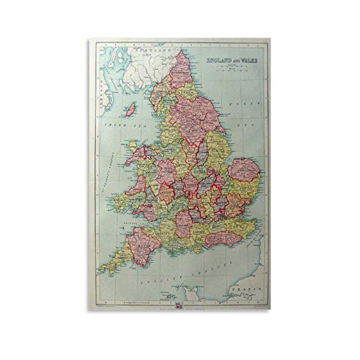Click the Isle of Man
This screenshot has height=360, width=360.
pos(131,110)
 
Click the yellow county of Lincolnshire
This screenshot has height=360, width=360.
pos(218,148)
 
